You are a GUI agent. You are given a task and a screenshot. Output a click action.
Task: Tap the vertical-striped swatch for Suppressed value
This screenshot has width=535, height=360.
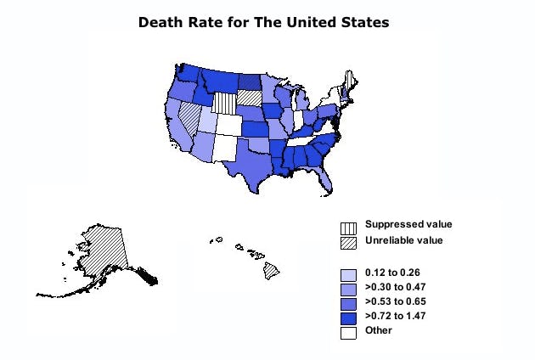348,227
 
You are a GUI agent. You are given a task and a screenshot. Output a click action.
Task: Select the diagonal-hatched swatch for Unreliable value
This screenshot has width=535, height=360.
348,241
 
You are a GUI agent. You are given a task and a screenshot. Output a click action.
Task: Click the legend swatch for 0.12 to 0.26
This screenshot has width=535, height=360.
348,274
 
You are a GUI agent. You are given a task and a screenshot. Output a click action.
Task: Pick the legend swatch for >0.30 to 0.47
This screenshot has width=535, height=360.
348,289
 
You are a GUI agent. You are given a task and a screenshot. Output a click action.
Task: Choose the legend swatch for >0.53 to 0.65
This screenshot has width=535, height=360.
348,303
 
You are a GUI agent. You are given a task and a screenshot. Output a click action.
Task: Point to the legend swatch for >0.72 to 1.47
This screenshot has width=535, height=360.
348,318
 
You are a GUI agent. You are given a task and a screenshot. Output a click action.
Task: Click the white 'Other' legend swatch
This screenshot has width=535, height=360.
348,333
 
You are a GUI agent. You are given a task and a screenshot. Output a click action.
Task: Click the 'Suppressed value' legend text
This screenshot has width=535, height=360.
408,225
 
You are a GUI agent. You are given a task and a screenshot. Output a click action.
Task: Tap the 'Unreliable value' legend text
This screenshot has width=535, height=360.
404,240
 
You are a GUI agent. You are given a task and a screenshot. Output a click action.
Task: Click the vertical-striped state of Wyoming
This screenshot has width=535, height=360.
224,103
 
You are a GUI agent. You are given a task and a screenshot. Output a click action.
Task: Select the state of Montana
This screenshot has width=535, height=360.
218,79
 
